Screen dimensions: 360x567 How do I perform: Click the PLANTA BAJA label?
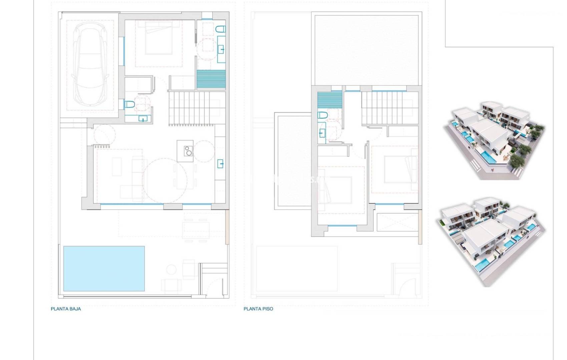66,309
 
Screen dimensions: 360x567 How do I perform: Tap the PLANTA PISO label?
258,309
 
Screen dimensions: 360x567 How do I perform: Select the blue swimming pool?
104,268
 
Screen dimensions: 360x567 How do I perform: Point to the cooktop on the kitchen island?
188,151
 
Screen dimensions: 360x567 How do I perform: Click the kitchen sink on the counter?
220,164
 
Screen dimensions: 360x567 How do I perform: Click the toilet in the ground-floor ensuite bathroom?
220,30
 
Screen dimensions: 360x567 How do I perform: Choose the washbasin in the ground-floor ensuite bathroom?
221,50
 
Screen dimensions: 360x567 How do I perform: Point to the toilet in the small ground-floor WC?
129,104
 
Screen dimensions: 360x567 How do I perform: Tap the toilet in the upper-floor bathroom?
322,116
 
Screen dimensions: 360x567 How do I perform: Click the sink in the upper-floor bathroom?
322,133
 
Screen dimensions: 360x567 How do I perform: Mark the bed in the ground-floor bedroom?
159,39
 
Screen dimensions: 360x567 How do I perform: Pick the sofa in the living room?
137,173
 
